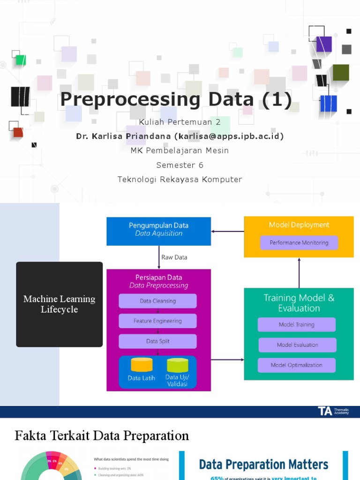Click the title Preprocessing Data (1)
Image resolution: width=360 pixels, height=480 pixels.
(x=176, y=99)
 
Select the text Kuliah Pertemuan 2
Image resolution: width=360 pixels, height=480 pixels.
(x=180, y=122)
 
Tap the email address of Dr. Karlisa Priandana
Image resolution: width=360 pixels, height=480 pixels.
(x=229, y=136)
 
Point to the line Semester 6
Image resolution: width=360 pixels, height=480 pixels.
(x=180, y=165)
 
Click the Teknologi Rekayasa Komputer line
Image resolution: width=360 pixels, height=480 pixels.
(x=180, y=179)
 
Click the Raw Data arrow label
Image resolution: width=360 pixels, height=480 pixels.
(x=174, y=257)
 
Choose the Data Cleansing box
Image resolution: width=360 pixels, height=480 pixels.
(x=157, y=301)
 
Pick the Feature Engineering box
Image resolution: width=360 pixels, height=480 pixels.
(x=157, y=321)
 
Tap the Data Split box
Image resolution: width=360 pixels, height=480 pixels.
(x=157, y=341)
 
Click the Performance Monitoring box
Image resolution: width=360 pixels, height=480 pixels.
(x=299, y=243)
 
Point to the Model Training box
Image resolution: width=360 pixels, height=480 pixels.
(x=297, y=324)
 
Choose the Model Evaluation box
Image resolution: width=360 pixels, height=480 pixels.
(x=297, y=345)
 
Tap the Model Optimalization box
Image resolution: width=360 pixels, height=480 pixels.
(x=297, y=365)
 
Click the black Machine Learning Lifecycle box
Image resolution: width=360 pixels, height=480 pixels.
(x=60, y=304)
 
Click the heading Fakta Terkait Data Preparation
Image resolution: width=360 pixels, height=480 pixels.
(x=102, y=435)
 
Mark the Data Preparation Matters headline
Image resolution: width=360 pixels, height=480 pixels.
(x=263, y=465)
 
